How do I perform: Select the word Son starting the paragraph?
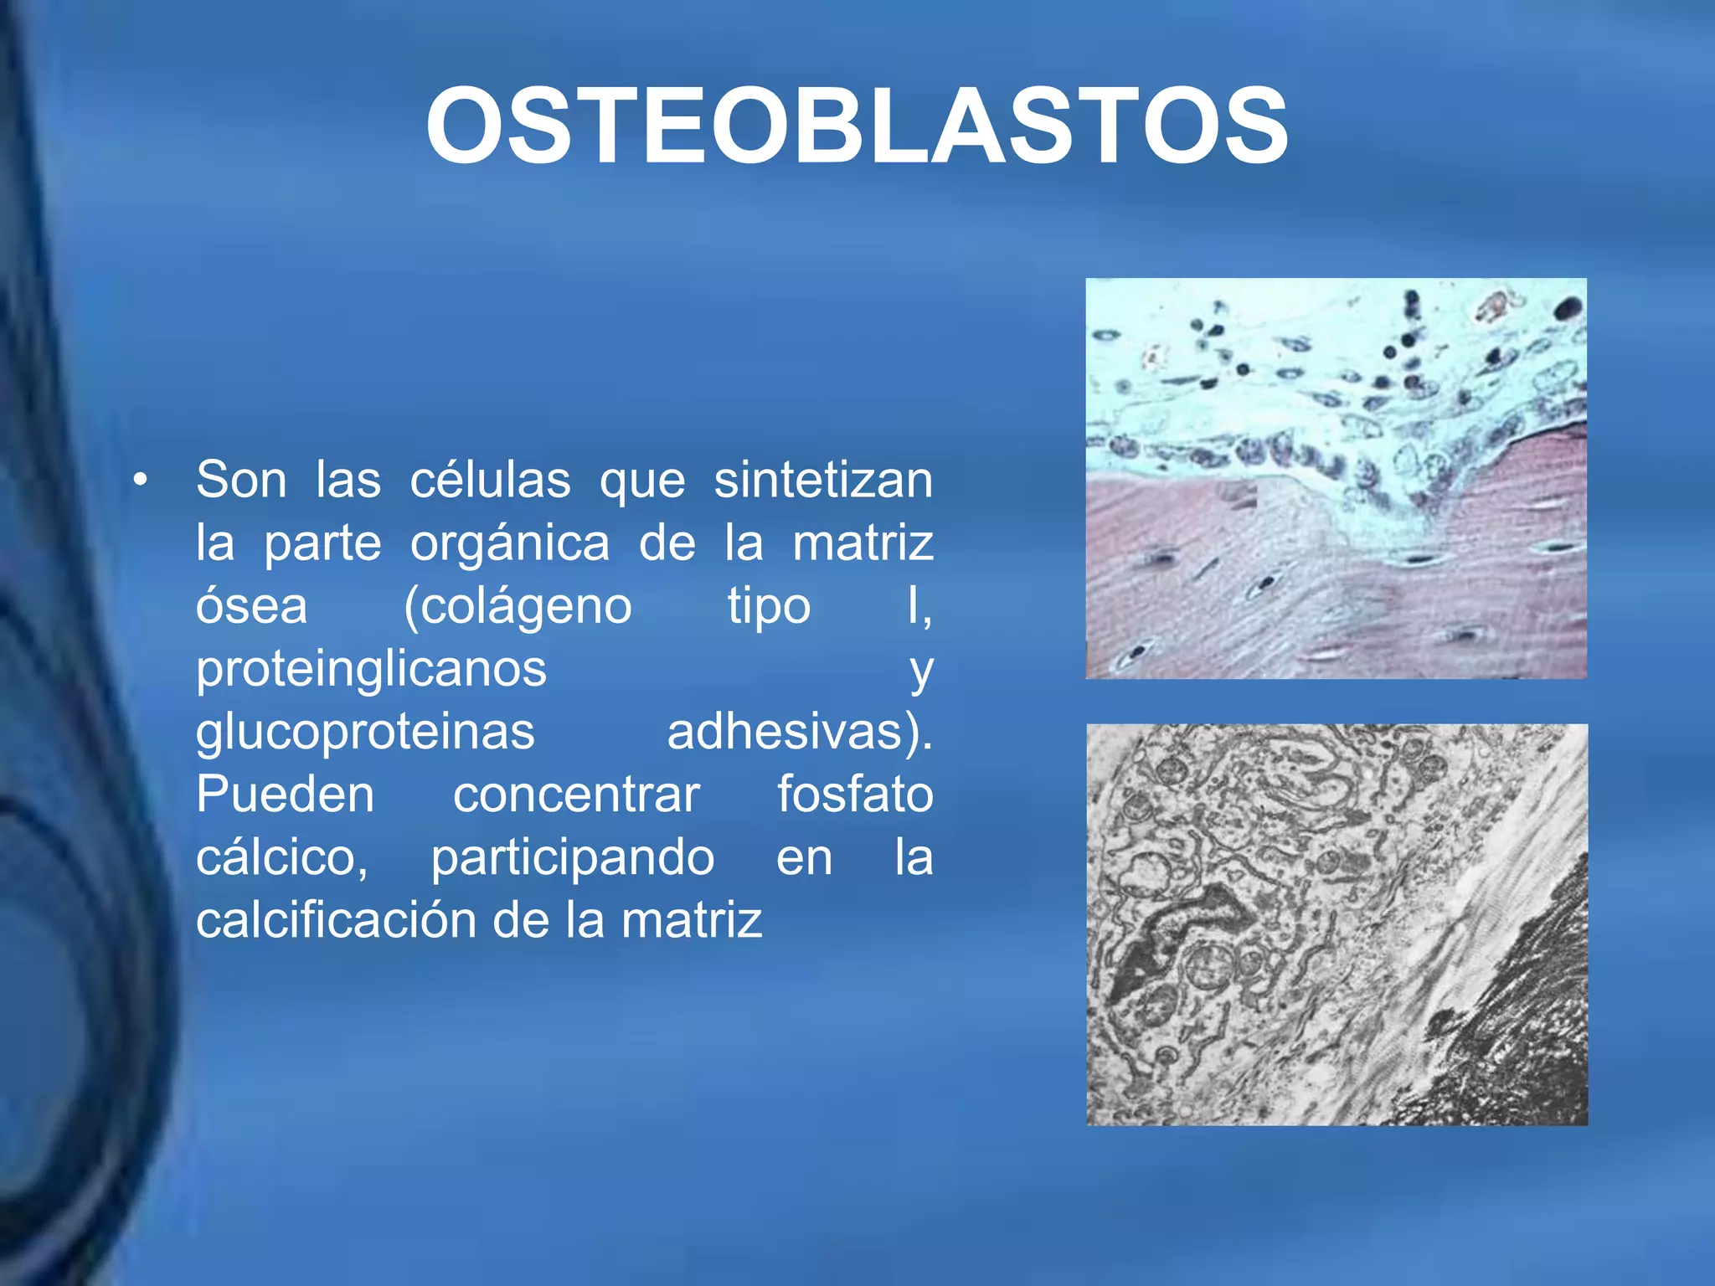[241, 481]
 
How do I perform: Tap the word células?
[490, 481]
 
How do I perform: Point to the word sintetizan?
[823, 481]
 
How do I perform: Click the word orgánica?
[510, 543]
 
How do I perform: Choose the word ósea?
[251, 606]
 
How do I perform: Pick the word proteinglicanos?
[371, 670]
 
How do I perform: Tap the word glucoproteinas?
[365, 733]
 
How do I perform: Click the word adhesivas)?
[800, 733]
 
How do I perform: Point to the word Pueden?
[285, 795]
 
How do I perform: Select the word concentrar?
[576, 795]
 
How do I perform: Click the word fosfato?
[855, 795]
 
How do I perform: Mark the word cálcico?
[282, 858]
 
